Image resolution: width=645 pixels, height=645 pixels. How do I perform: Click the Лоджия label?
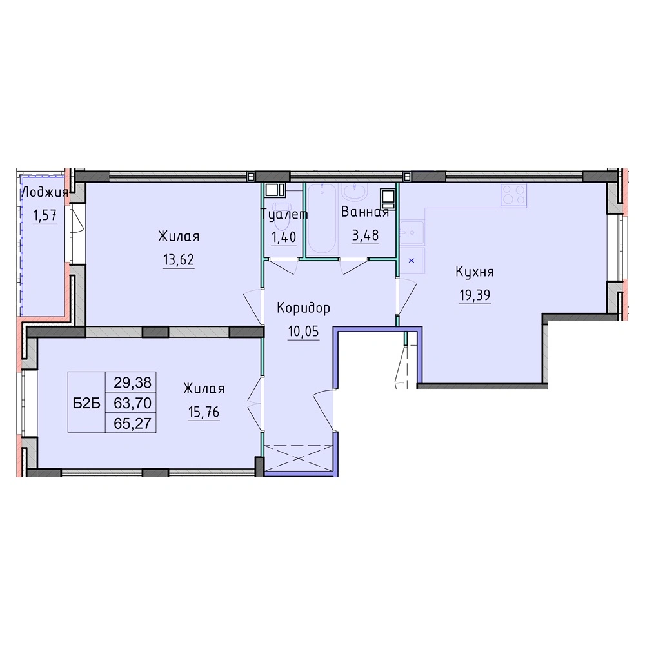pos(45,192)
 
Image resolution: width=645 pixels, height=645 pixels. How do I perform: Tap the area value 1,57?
pos(45,215)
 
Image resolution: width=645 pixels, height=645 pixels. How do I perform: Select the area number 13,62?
pos(179,260)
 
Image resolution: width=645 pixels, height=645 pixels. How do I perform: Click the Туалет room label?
pos(284,214)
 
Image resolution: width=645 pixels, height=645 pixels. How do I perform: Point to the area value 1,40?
pos(283,237)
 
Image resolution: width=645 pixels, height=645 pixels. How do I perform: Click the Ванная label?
pos(365,212)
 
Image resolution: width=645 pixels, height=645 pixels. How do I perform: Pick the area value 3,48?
pos(365,235)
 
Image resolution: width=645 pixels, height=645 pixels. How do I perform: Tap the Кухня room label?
pos(475,272)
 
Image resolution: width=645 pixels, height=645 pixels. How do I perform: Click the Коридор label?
pos(304,308)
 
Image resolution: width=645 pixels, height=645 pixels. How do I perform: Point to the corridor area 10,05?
pos(304,331)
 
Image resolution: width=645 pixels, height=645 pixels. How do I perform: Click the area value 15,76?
pos(204,412)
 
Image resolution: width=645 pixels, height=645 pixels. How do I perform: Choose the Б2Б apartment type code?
pos(87,404)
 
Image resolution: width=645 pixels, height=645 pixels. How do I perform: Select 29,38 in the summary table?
pos(133,382)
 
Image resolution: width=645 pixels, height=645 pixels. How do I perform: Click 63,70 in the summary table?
pos(133,402)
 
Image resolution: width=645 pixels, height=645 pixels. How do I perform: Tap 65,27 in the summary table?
pos(133,423)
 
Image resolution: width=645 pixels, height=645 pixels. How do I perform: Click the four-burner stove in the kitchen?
pos(514,195)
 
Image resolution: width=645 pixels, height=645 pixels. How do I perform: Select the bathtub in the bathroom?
pos(322,218)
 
